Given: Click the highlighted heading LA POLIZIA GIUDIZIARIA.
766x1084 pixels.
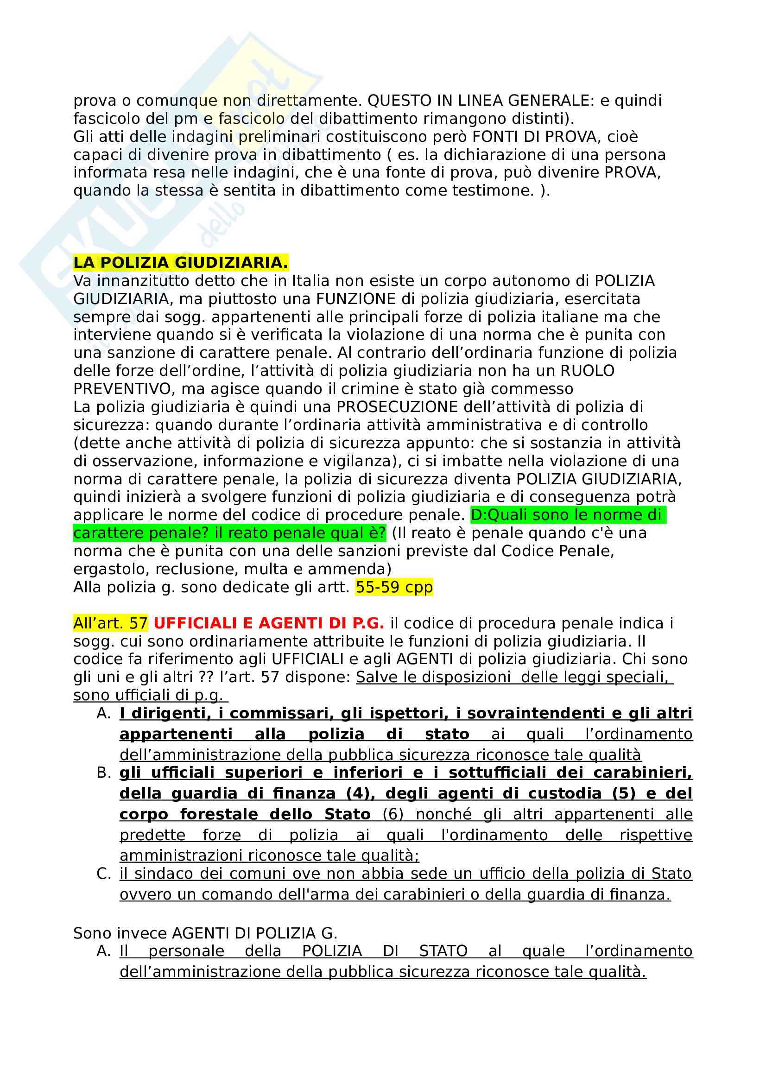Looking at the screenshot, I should click(180, 262).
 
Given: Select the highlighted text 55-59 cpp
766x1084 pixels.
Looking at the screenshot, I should click(393, 587).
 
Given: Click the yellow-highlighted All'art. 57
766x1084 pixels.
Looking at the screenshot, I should click(110, 623).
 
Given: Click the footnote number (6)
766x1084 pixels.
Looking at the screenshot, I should click(392, 814).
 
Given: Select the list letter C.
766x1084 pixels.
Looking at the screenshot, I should click(103, 874).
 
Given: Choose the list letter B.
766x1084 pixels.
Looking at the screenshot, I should click(103, 773).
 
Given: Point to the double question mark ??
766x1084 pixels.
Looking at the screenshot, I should click(206, 677).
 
